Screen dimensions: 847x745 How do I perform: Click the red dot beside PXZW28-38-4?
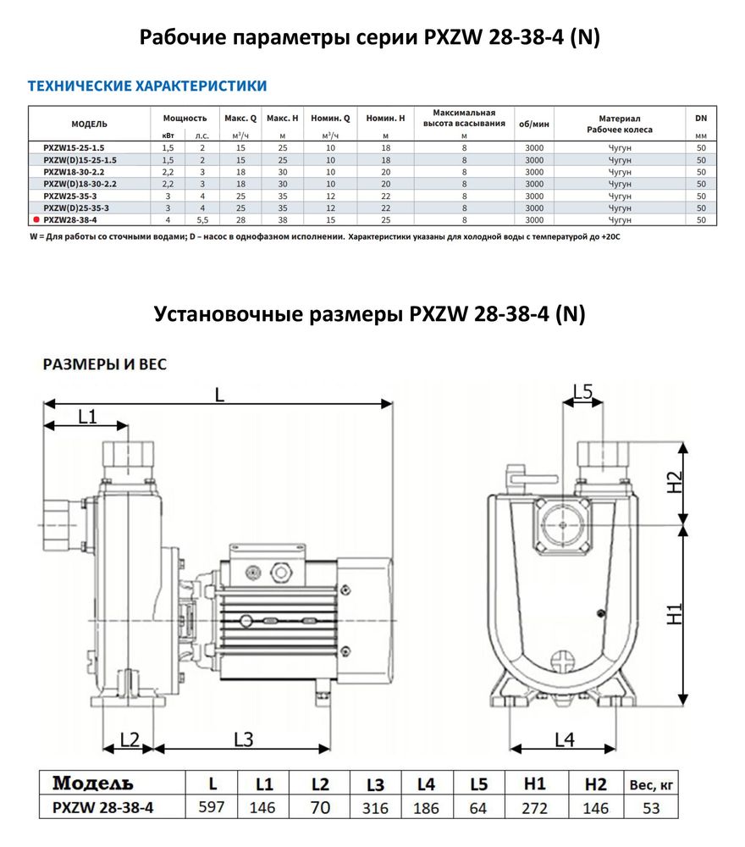[35, 219]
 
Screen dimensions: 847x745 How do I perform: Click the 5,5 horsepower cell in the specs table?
[201, 219]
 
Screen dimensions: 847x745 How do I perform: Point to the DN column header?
[700, 118]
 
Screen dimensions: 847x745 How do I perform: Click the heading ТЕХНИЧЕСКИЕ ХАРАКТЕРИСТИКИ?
[147, 86]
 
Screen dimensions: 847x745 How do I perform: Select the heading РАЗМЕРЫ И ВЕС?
[105, 364]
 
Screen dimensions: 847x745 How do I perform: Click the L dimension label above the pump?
[219, 393]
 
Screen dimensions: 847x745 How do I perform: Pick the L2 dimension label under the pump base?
[129, 739]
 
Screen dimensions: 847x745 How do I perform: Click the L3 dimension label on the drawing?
[243, 739]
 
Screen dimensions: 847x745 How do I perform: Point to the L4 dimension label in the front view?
[564, 739]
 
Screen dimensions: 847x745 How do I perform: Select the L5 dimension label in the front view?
[583, 391]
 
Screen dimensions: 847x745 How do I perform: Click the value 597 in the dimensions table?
[211, 807]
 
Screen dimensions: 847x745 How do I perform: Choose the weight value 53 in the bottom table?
[651, 808]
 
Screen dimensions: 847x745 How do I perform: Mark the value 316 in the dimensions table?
[375, 808]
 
